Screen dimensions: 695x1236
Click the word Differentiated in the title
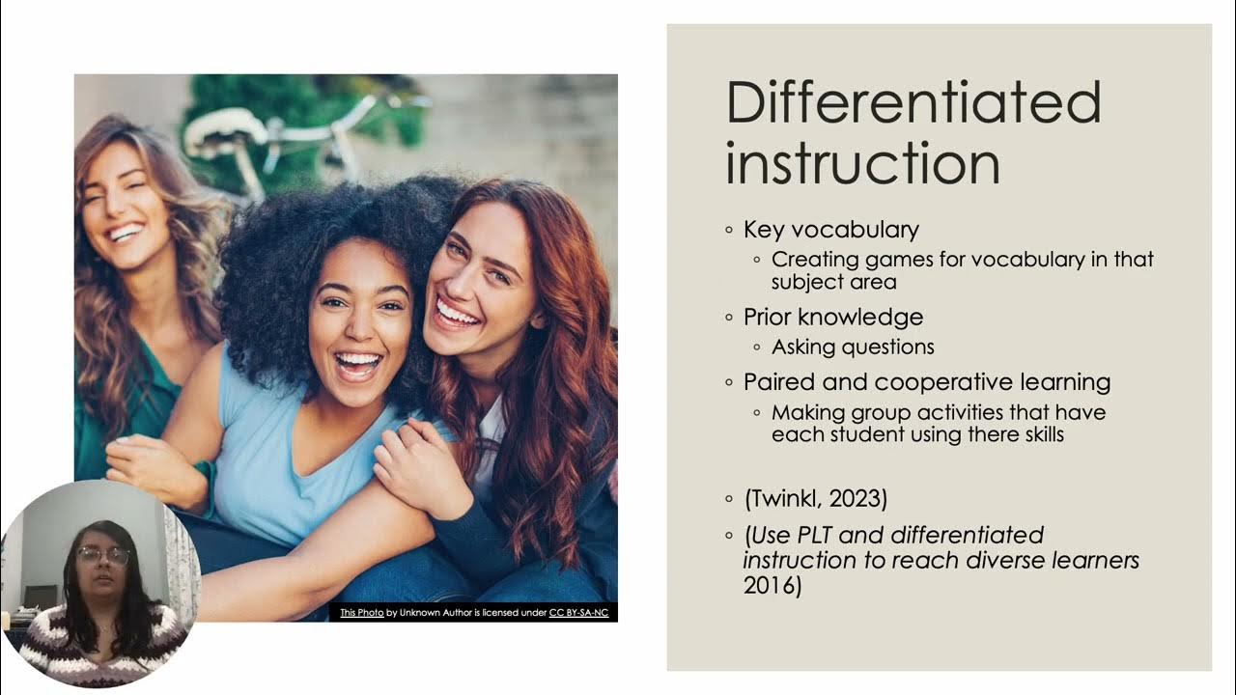[x=913, y=103]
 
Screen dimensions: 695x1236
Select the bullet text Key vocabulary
[x=830, y=230]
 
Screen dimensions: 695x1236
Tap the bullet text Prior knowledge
[x=832, y=317]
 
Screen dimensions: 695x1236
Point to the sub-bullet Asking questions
[x=853, y=347]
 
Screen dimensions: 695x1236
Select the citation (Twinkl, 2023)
[x=815, y=499]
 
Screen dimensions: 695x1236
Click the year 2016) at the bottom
[x=772, y=585]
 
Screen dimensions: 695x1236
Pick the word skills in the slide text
[x=1035, y=434]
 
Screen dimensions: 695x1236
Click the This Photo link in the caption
[x=361, y=613]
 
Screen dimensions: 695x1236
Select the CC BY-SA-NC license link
[x=578, y=613]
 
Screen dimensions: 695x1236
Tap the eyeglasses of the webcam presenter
[x=103, y=555]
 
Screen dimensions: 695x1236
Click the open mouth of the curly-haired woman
[x=356, y=365]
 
